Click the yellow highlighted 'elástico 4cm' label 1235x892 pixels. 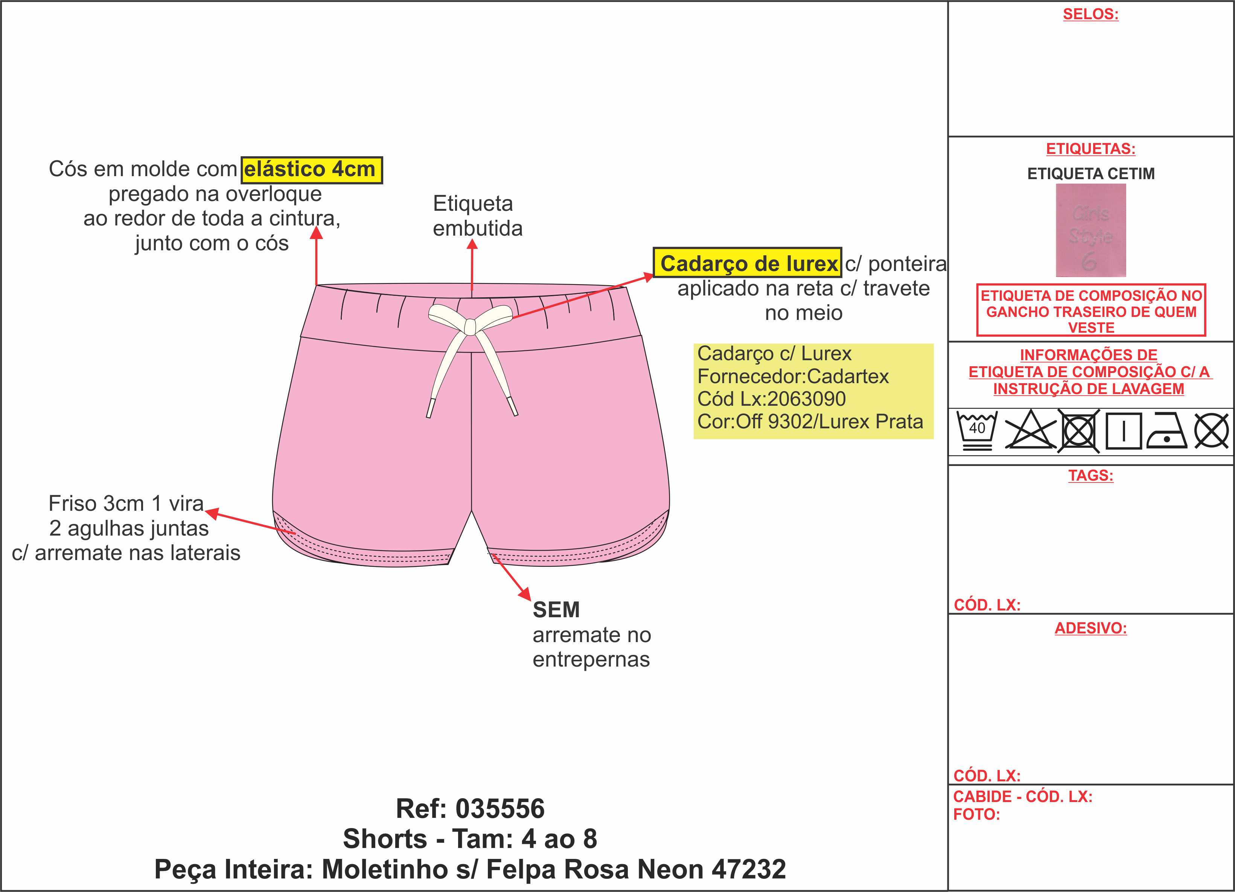311,170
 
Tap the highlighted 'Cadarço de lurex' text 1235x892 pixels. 748,263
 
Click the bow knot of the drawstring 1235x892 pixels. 469,325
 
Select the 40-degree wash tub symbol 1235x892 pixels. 977,431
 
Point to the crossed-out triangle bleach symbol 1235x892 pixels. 1030,431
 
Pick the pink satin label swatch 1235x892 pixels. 1091,230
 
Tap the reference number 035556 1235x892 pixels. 500,809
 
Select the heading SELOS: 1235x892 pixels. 1091,14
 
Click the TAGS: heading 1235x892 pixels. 1091,475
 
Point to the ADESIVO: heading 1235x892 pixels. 1091,628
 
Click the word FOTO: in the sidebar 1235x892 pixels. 976,815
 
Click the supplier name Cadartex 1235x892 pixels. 847,376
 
